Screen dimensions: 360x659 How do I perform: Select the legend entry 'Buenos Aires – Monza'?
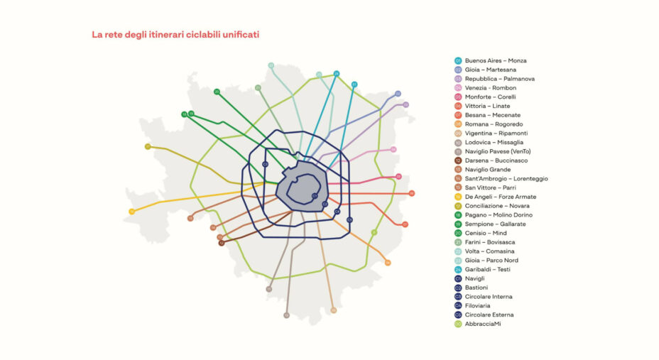(496, 60)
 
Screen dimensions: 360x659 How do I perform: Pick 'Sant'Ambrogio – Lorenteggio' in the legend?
(506, 179)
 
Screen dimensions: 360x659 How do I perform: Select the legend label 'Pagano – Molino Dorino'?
(499, 215)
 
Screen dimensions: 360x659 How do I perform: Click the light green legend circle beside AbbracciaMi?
(458, 324)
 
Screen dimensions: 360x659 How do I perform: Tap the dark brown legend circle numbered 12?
(458, 160)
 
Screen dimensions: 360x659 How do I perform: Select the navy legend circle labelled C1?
(458, 279)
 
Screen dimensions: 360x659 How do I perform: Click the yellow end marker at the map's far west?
(131, 212)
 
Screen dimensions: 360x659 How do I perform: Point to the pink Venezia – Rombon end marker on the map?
(393, 150)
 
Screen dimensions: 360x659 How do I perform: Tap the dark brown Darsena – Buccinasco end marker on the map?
(222, 243)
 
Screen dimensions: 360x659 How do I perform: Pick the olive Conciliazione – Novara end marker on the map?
(148, 147)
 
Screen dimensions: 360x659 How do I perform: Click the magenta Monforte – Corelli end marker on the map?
(398, 177)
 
